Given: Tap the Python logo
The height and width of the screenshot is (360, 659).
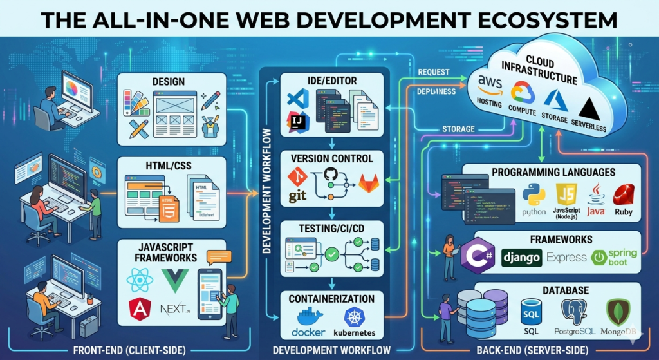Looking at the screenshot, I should coord(534,194).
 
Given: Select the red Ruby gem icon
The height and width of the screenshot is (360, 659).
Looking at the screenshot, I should coord(623,194).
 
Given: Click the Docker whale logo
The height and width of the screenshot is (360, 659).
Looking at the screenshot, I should coord(308,317).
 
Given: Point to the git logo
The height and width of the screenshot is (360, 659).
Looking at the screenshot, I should coord(297,185).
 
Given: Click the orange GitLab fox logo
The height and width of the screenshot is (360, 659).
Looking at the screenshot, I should coord(369,184).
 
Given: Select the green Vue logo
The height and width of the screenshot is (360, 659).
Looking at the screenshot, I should coord(174,281).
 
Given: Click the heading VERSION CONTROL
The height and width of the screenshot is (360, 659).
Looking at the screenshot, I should coord(332,158).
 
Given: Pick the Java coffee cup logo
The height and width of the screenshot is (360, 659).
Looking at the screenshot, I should coord(595,193).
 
